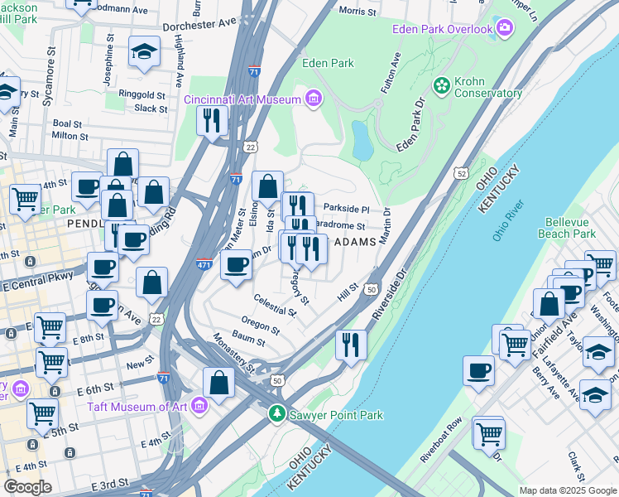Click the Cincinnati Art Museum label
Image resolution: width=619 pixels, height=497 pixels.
coord(241,100)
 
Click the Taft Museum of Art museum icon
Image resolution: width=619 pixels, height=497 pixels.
coord(198,407)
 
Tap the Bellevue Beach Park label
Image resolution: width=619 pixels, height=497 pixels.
coord(571,228)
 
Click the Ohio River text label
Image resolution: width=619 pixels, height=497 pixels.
coord(510,221)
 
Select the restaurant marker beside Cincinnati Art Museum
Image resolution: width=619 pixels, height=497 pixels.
coord(212,121)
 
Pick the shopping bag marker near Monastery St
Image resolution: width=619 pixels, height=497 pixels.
coord(219,384)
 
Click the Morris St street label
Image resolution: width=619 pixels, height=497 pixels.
coord(357,11)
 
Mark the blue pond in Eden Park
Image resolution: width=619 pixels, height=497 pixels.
coord(362,139)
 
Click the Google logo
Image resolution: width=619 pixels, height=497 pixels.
coord(27,486)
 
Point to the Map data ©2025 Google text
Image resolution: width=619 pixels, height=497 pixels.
coord(568,490)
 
